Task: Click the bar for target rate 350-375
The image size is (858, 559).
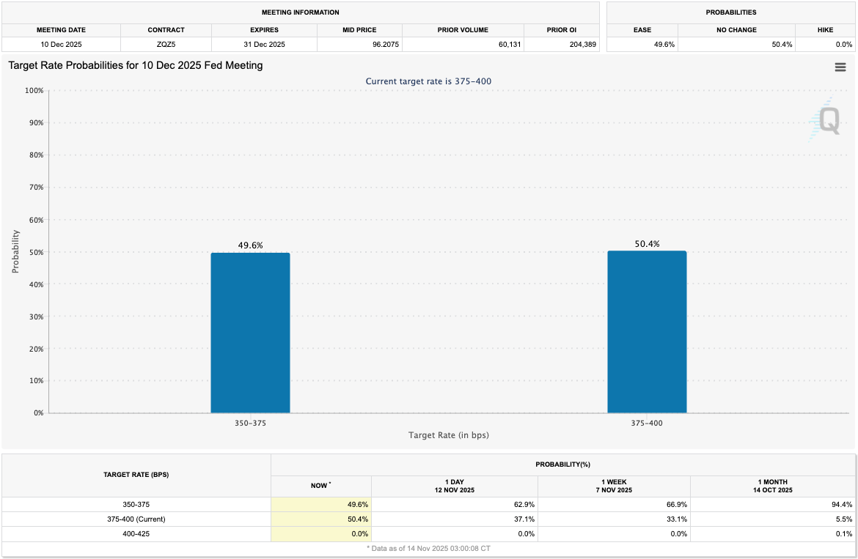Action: pyautogui.click(x=250, y=333)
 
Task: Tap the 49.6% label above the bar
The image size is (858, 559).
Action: pyautogui.click(x=250, y=245)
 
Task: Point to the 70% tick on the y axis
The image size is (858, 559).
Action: pyautogui.click(x=34, y=188)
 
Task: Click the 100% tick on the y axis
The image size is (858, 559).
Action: pyautogui.click(x=33, y=91)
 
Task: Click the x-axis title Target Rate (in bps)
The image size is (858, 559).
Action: pyautogui.click(x=448, y=435)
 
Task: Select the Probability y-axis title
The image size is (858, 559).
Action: pyautogui.click(x=15, y=252)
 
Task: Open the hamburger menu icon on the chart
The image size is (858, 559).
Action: pyautogui.click(x=840, y=67)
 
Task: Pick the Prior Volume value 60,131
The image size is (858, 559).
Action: pyautogui.click(x=503, y=45)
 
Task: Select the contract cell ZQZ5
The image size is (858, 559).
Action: pyautogui.click(x=166, y=45)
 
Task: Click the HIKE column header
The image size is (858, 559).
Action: pyautogui.click(x=824, y=30)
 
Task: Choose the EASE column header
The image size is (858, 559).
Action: pyautogui.click(x=642, y=30)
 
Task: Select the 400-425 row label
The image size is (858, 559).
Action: pyautogui.click(x=136, y=534)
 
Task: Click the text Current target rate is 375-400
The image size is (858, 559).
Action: pyautogui.click(x=428, y=81)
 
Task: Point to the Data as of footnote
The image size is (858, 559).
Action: pyautogui.click(x=428, y=548)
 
